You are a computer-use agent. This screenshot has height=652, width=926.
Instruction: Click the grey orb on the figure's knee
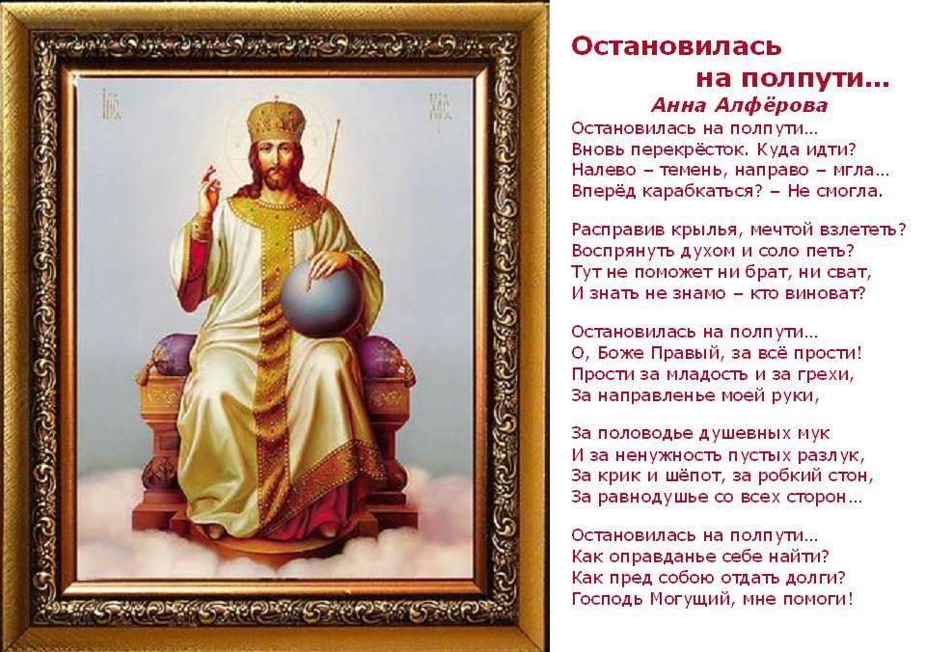(x=320, y=298)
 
